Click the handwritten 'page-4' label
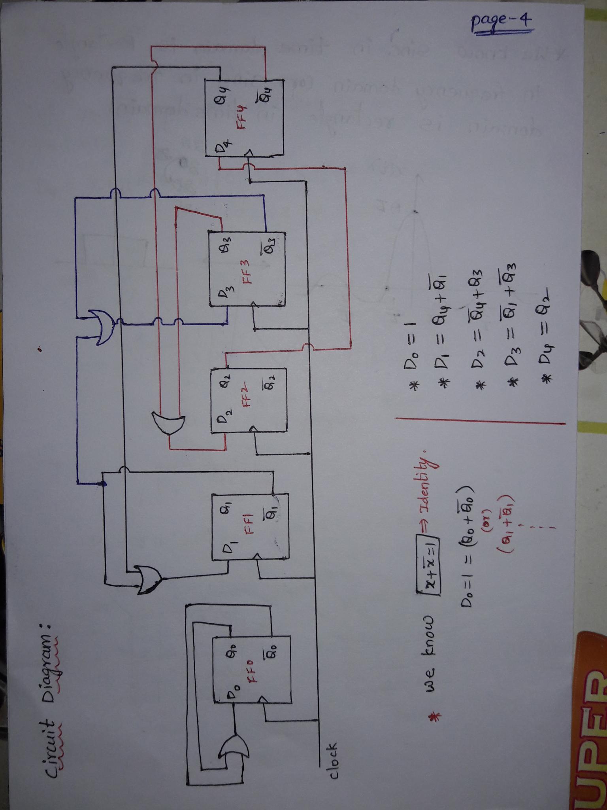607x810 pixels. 501,26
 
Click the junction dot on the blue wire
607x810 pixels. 103,484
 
